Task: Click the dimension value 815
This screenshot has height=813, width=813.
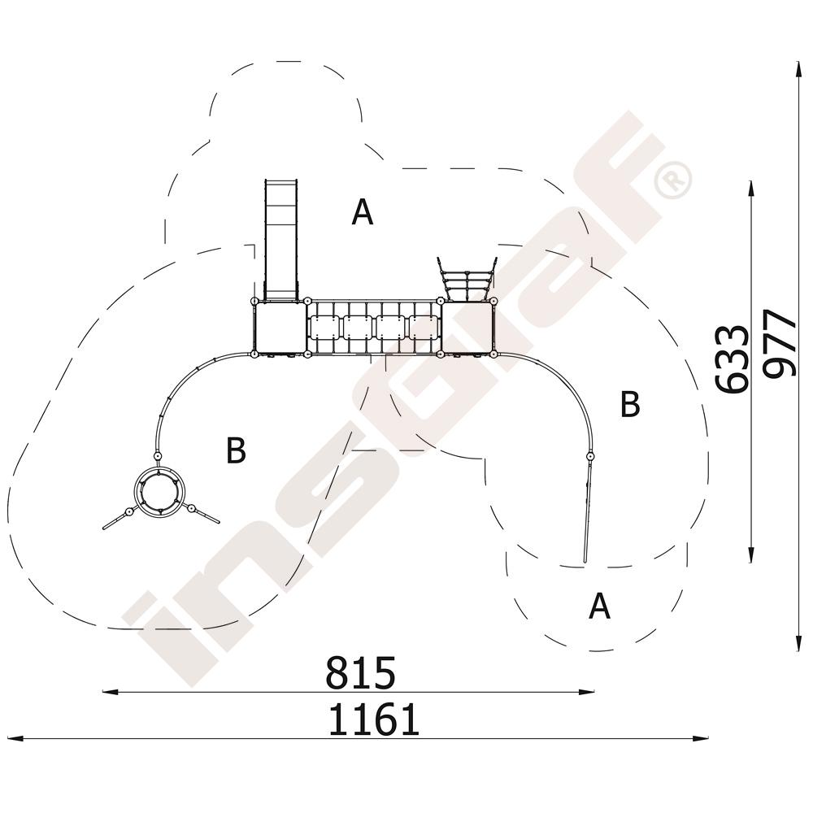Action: click(360, 672)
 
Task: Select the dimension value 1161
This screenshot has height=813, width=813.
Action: click(374, 720)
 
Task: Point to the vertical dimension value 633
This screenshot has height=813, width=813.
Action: click(733, 359)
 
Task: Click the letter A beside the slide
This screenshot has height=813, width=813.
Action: click(362, 211)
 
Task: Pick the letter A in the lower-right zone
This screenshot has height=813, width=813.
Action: click(599, 606)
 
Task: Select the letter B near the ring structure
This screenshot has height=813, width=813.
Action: click(236, 450)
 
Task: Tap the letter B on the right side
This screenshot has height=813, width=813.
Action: click(630, 404)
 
